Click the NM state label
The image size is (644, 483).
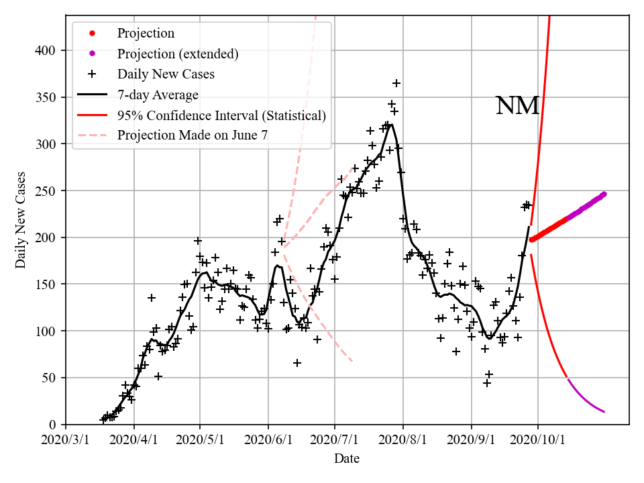[x=517, y=106]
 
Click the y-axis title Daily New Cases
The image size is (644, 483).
[x=21, y=220]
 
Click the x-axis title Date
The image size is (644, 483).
[x=347, y=459]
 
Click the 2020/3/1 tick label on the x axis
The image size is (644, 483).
[x=66, y=440]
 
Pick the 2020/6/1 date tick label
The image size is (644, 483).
[x=268, y=440]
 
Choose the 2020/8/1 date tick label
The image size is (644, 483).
[x=402, y=440]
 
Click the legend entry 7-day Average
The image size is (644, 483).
[x=158, y=95]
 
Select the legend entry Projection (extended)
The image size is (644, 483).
[x=178, y=54]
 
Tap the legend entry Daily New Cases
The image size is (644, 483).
[x=166, y=74]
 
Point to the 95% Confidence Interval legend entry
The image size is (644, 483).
[x=221, y=115]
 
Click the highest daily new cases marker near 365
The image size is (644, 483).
[x=396, y=83]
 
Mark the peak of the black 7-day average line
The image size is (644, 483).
[x=390, y=124]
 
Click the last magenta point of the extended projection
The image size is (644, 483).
[x=604, y=195]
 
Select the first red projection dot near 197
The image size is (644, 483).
[x=531, y=239]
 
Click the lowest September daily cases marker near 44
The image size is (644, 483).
[x=487, y=383]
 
